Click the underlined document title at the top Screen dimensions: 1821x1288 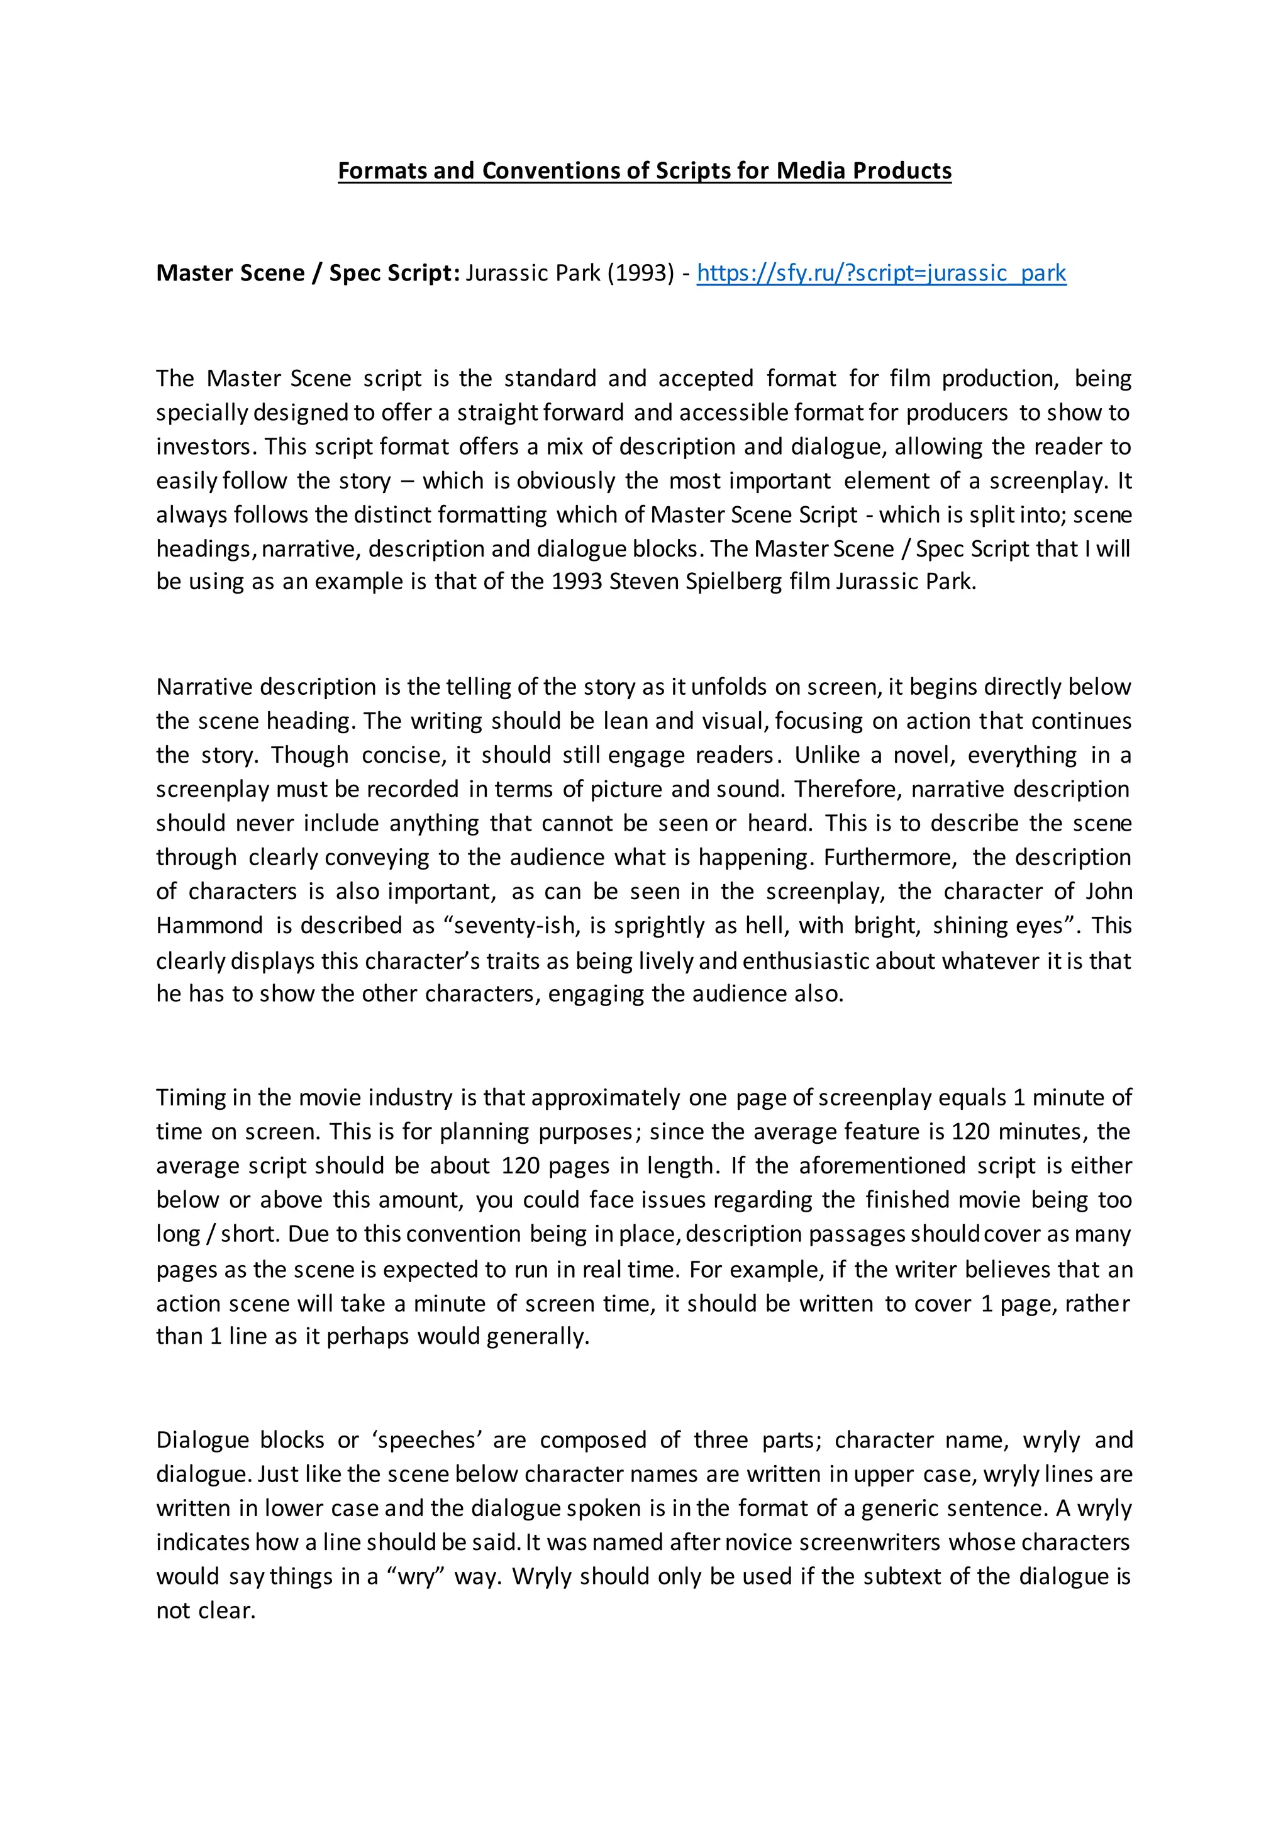[x=644, y=170]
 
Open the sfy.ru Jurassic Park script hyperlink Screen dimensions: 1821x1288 [x=881, y=273]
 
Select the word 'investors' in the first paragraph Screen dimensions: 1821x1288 [x=206, y=446]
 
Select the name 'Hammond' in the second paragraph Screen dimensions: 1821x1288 [x=209, y=926]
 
